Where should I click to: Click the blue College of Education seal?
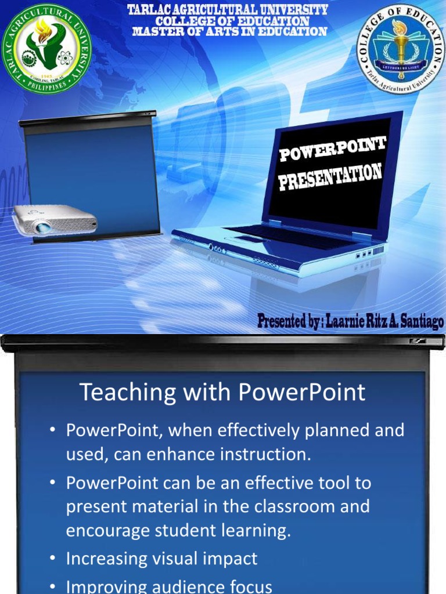point(401,49)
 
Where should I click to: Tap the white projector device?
point(55,220)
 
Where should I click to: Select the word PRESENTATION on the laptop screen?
point(330,177)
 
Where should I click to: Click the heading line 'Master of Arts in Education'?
point(229,31)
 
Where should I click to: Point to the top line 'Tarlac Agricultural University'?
point(228,10)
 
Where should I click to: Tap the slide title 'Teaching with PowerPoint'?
point(222,393)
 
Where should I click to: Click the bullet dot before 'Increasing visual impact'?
point(52,559)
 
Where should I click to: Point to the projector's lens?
point(42,227)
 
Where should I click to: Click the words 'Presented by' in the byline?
point(289,321)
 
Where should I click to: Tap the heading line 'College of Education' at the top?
point(229,21)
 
